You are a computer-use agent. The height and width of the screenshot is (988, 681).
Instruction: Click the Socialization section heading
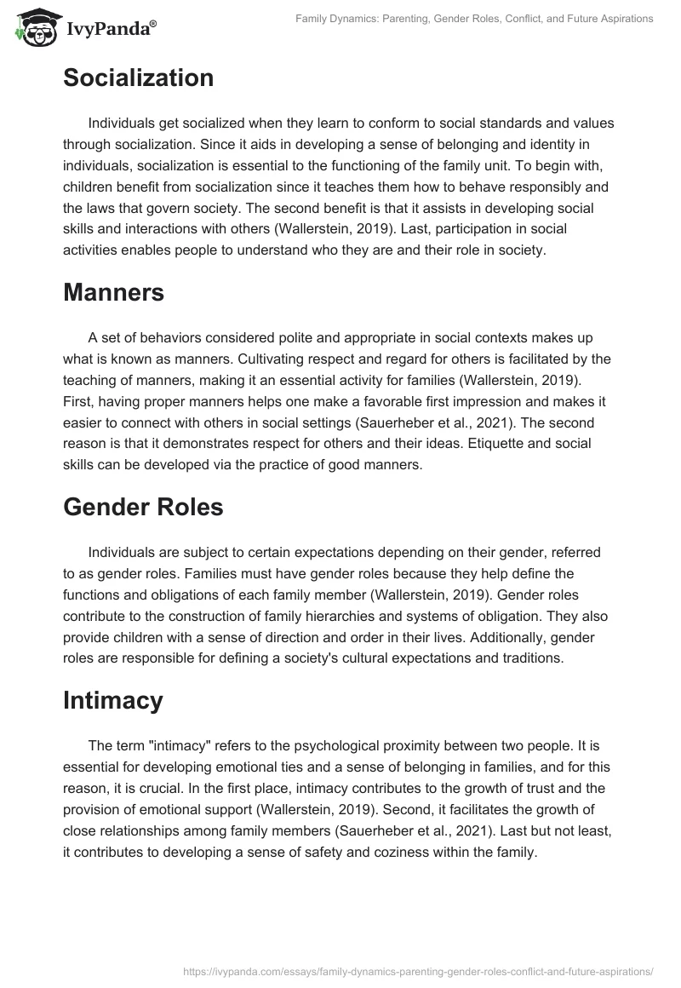(x=138, y=78)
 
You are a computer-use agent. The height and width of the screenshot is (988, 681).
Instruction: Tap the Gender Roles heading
(x=143, y=507)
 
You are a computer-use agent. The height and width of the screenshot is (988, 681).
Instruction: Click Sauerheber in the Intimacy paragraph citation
(x=474, y=808)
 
